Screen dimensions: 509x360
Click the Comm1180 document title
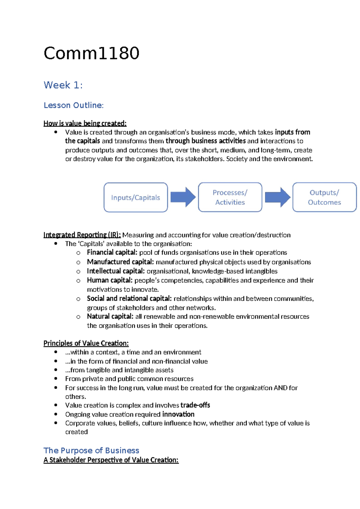91,53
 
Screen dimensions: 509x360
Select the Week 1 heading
63,85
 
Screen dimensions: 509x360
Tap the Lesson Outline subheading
73,105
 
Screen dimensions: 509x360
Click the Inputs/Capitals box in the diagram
136,197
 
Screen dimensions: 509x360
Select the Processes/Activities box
230,197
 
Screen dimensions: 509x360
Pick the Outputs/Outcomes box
324,197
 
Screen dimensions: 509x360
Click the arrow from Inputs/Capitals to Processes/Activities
183,197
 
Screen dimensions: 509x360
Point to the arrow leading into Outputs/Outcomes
277,197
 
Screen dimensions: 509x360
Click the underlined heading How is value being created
85,123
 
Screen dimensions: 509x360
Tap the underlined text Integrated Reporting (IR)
82,235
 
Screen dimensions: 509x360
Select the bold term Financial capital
112,252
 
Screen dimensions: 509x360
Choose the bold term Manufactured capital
120,262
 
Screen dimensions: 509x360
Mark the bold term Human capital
109,280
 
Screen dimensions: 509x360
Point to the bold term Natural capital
110,316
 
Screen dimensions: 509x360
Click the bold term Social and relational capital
129,299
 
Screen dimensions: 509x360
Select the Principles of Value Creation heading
86,343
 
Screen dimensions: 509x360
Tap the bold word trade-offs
195,405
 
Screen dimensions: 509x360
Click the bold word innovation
178,414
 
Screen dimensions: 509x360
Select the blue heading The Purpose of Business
91,450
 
